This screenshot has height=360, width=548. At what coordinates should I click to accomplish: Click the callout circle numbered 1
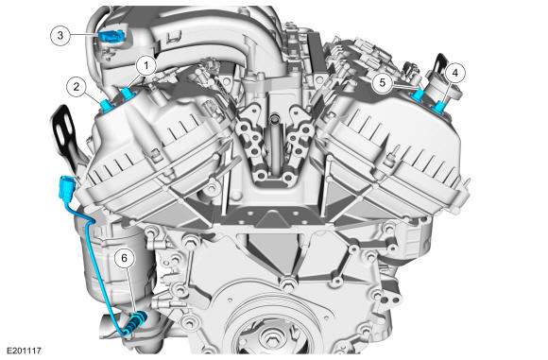click(x=146, y=65)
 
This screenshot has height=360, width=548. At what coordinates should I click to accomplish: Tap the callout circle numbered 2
click(x=77, y=87)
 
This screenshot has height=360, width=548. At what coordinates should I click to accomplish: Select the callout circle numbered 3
click(x=60, y=35)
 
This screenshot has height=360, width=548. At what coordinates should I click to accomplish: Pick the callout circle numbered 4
click(x=454, y=73)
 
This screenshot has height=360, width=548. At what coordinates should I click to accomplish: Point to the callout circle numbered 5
click(x=383, y=83)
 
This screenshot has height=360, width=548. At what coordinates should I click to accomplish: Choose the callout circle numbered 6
click(x=124, y=258)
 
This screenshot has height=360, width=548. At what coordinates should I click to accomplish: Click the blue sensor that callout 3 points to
click(x=111, y=36)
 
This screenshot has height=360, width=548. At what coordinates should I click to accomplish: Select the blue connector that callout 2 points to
click(x=106, y=106)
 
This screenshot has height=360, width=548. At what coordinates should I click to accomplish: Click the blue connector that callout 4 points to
click(x=439, y=107)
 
